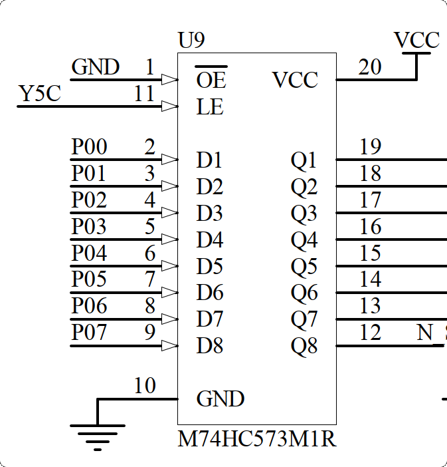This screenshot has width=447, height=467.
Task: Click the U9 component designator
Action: tap(191, 41)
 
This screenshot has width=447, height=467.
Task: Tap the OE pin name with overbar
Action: tap(211, 80)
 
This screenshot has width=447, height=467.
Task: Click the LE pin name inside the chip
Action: tap(210, 106)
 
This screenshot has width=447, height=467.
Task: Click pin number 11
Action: tap(144, 94)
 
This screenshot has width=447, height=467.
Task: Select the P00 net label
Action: tap(90, 147)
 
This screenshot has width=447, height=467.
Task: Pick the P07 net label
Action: tap(90, 332)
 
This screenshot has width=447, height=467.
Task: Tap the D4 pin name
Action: tap(210, 239)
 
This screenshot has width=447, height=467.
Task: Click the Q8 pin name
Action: tap(304, 346)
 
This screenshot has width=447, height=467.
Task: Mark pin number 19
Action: tap(370, 147)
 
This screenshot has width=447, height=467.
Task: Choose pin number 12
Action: tap(370, 332)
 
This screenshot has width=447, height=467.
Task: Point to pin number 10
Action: tap(144, 386)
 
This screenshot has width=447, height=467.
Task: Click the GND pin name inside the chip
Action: tap(221, 399)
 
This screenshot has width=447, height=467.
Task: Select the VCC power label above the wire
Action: tap(416, 41)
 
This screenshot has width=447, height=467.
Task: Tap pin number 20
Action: tap(370, 67)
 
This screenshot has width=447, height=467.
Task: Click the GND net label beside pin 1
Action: tap(95, 67)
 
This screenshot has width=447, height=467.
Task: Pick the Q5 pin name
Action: tap(304, 266)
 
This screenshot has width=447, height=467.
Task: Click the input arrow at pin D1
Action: tap(170, 160)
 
